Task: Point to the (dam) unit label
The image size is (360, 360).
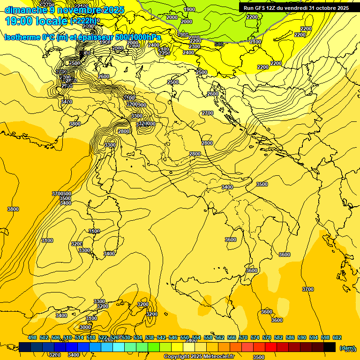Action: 347,347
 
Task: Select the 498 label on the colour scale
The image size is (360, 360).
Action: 32,337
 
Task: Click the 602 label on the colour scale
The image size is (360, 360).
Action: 337,337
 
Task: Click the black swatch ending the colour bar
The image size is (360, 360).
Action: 330,347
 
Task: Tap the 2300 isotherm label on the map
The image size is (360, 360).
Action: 195,46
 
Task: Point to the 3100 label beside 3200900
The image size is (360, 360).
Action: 129,97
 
